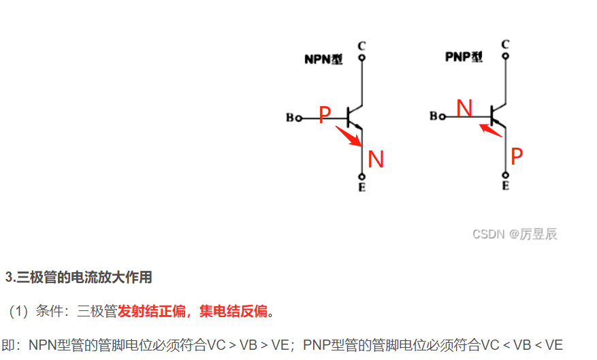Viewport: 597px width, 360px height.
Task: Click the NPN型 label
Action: tap(323, 59)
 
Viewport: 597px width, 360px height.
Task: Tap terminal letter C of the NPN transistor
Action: tap(361, 46)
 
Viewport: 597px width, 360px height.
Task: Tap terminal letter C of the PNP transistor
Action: tap(505, 44)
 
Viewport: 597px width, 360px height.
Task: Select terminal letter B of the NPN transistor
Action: tap(290, 118)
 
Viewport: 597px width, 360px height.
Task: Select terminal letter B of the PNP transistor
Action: tap(434, 116)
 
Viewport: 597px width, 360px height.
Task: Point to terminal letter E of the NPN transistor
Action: tap(361, 187)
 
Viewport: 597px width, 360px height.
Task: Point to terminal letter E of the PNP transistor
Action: tap(505, 185)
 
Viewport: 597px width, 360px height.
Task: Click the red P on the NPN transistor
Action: tap(325, 115)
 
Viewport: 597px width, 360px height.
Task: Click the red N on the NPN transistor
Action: tap(376, 159)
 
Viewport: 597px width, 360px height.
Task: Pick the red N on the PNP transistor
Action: tap(464, 108)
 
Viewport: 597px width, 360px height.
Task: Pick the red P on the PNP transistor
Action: tap(517, 157)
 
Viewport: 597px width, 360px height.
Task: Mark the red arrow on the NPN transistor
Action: tap(348, 136)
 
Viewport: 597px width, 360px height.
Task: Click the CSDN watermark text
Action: tap(515, 234)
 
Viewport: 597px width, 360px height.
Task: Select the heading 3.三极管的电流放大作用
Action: tap(78, 277)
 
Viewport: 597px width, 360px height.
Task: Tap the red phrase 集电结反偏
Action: tap(233, 312)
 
